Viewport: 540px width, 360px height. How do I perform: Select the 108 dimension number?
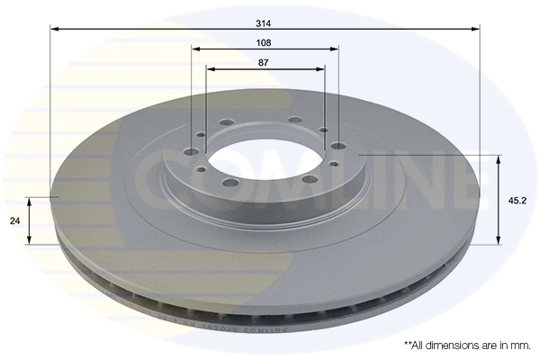265,42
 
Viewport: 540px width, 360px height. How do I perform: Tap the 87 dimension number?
265,63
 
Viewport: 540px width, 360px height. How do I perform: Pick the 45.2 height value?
517,201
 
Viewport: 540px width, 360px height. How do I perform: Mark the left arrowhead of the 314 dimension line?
54,30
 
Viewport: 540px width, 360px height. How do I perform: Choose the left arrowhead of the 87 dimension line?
210,69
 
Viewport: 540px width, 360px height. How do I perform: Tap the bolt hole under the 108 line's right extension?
337,146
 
